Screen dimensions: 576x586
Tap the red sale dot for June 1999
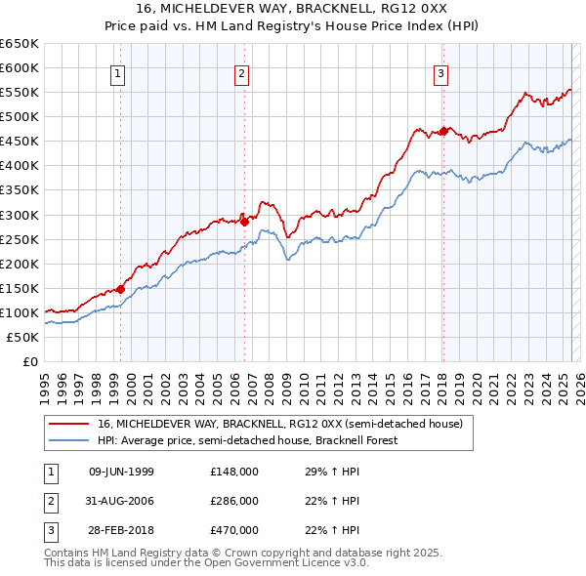coord(120,288)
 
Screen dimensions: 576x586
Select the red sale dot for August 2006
coord(244,222)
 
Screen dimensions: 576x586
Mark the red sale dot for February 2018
coord(443,131)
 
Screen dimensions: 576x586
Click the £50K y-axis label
coord(23,337)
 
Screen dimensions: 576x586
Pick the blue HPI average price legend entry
coord(261,440)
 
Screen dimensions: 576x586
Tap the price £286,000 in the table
coord(234,501)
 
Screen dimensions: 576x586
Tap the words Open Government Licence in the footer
coord(288,563)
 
